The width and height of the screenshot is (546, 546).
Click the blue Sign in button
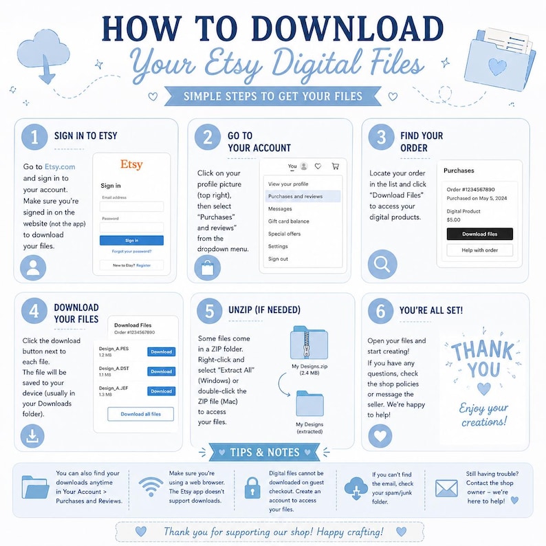131,240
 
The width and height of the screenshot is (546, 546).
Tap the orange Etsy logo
131,164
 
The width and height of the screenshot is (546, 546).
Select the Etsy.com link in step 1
60,167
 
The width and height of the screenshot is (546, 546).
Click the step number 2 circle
208,138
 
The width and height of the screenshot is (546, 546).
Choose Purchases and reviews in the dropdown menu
295,197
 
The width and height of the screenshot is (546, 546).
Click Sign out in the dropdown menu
278,259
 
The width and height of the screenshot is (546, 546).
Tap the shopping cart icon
336,166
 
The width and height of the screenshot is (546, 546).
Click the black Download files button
480,234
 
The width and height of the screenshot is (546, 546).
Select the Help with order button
480,250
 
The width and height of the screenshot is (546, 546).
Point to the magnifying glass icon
382,264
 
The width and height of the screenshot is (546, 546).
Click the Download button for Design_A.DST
161,371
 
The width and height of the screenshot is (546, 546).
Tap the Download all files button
141,414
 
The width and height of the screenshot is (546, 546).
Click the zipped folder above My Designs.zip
309,342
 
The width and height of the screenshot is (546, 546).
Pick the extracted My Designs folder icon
310,404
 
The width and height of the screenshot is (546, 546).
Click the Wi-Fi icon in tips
151,486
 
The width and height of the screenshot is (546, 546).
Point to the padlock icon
252,488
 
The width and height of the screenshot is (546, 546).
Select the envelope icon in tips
447,488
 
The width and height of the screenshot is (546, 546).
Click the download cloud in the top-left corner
43,56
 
